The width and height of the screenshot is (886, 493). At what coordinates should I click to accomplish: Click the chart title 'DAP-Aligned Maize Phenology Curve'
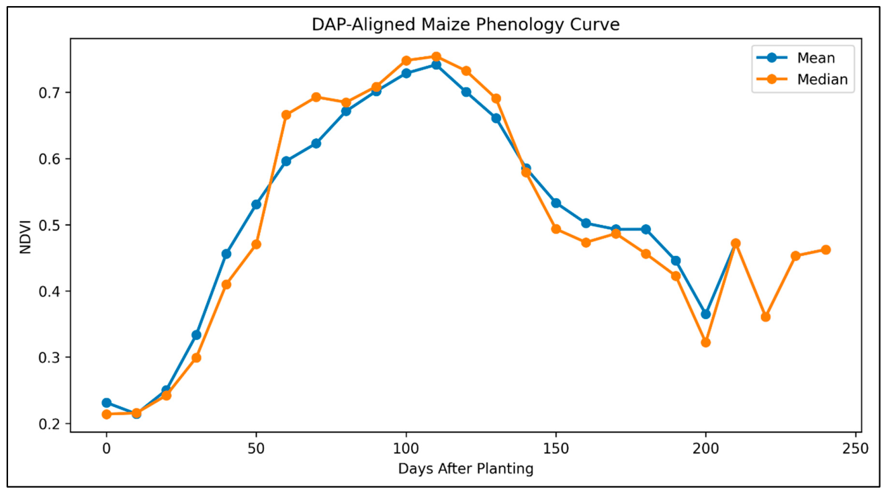[466, 24]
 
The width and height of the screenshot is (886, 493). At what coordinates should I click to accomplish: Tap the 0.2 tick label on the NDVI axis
[49, 424]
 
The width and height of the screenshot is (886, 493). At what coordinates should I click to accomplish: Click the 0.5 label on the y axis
[49, 226]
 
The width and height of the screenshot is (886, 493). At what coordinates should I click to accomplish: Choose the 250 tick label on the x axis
[856, 449]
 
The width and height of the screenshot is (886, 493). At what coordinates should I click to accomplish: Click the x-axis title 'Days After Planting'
[466, 469]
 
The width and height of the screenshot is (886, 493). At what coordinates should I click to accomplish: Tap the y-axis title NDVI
[26, 237]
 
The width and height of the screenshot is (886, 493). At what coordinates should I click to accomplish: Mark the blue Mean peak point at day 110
[436, 65]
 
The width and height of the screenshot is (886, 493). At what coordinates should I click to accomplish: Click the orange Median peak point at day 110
[436, 56]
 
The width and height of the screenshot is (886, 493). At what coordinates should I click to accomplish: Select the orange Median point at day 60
[286, 115]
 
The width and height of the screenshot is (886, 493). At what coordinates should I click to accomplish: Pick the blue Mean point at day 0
[106, 403]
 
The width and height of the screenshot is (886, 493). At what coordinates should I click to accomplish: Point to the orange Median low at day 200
[705, 343]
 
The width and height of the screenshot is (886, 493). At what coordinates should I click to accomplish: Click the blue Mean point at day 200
[705, 314]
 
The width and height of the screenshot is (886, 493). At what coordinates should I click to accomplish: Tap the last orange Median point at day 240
[826, 250]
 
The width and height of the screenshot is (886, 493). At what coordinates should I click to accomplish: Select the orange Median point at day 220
[765, 317]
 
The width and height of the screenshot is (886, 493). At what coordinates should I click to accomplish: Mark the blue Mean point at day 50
[256, 204]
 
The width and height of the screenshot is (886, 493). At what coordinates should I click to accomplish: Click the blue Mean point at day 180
[646, 229]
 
